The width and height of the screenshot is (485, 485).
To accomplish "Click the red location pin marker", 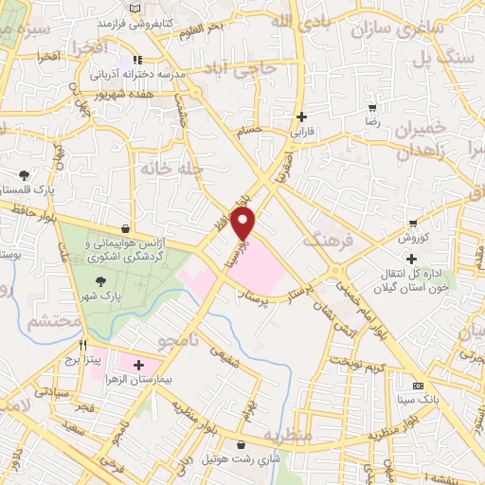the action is tap(244, 225).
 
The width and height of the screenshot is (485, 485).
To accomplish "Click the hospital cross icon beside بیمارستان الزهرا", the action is tap(140, 365).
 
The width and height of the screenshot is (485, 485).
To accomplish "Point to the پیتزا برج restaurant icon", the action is tap(84, 346).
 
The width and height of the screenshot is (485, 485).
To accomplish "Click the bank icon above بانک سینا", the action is tap(418, 386).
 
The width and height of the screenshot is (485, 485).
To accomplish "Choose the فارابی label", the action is tap(301, 134).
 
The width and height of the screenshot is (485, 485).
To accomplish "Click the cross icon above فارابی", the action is tap(301, 118).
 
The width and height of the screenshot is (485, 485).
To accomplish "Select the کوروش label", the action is tap(421, 237).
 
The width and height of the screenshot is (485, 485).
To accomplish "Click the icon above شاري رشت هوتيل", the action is tap(242, 444).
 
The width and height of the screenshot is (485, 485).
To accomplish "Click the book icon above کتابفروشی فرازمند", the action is tap(138, 6).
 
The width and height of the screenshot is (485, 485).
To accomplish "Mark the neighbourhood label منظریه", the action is tap(288, 439).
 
